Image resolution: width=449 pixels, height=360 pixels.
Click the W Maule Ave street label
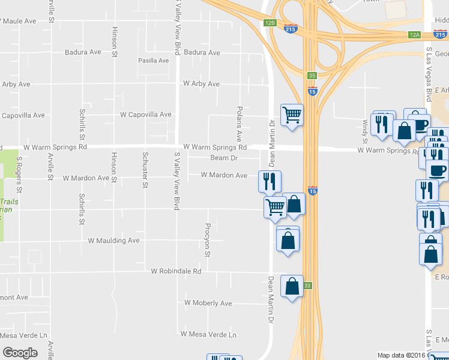pos(19,21)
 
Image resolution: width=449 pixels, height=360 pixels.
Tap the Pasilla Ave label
pos(154,61)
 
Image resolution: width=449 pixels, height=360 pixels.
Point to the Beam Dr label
pos(224,158)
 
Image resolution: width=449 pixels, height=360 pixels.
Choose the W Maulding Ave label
pos(113,241)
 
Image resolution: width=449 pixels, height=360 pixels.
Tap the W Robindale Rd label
pos(176,271)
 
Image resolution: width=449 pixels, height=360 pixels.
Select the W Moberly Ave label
pos(208,303)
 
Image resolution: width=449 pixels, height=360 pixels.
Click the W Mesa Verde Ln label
pos(209,334)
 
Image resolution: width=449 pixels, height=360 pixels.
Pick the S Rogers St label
pos(19,174)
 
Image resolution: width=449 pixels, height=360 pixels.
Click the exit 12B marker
pos(270,23)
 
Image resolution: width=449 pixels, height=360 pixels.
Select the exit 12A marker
pos(415,35)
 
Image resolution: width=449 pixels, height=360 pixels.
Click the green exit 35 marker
pos(312,76)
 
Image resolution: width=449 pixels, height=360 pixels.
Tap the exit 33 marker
pos(307,285)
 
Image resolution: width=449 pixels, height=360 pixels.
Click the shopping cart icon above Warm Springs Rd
pos(292,114)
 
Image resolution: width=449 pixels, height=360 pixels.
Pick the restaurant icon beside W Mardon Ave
pos(270,181)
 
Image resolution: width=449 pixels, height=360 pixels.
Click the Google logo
pos(20,353)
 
